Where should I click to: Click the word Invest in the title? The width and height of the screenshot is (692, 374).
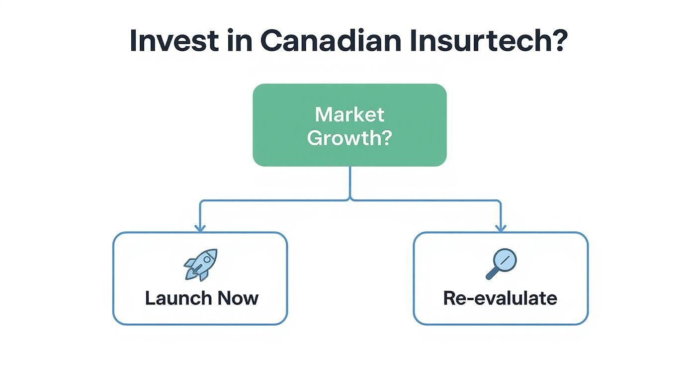click(x=173, y=41)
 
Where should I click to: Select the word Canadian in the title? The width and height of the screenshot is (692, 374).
click(x=330, y=41)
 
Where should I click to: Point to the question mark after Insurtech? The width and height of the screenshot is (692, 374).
click(x=556, y=41)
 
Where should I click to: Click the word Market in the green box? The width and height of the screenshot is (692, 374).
click(x=349, y=115)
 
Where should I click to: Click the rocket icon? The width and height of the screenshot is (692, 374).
click(x=201, y=264)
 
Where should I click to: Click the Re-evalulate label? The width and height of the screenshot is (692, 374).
click(x=500, y=298)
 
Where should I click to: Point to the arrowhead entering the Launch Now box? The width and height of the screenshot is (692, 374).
click(x=200, y=228)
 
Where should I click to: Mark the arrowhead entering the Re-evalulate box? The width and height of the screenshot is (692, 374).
click(x=501, y=228)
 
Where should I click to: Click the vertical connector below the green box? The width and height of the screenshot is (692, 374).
click(x=350, y=182)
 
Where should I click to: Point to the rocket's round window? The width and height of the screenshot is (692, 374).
click(x=207, y=259)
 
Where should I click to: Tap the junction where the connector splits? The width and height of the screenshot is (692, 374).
click(x=350, y=200)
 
